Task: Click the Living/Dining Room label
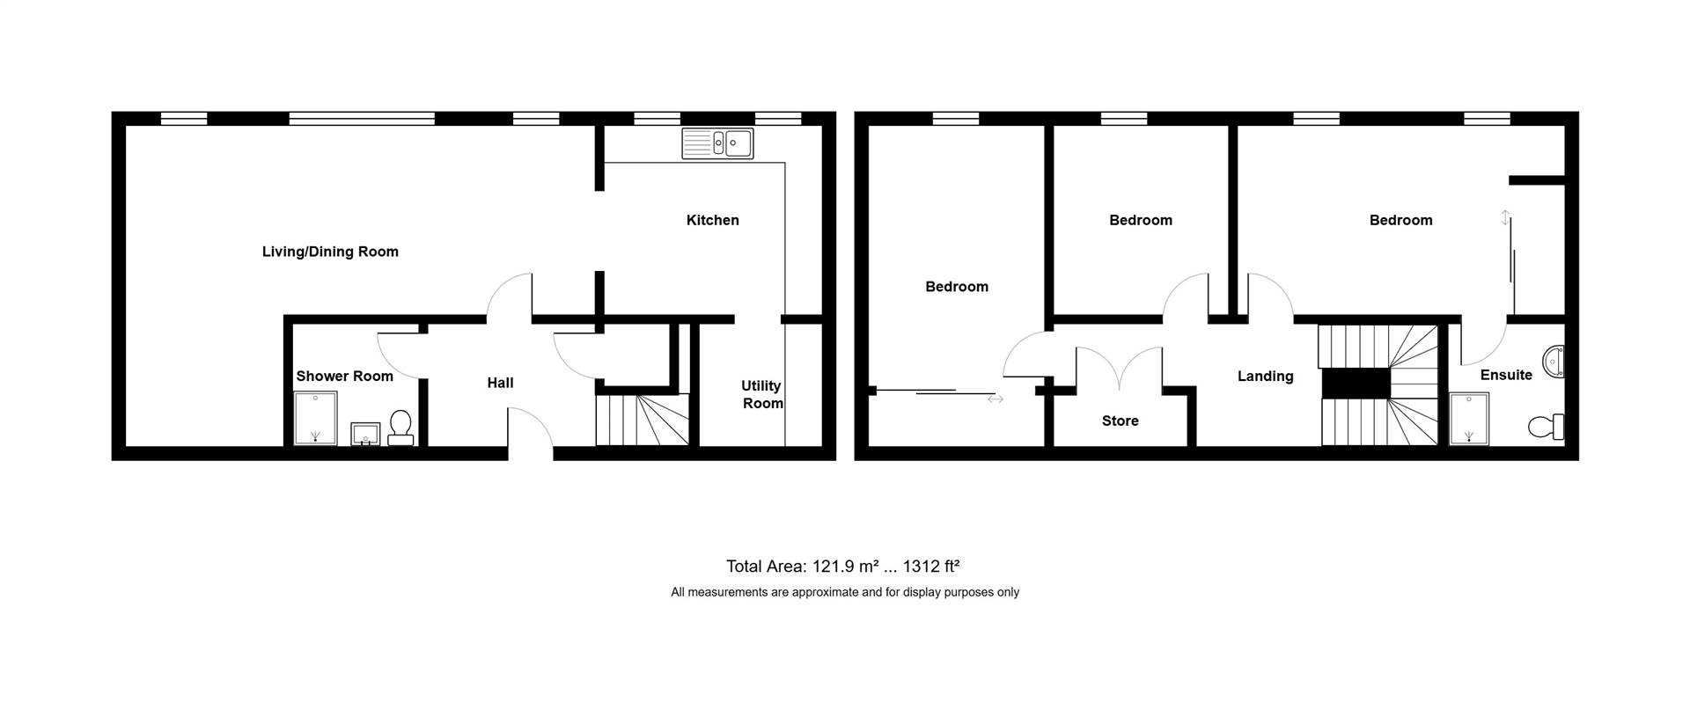(x=330, y=252)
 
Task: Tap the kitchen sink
(x=717, y=143)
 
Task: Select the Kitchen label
(x=713, y=220)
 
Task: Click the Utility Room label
(x=761, y=394)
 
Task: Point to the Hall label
(x=500, y=383)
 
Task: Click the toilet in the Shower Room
(x=400, y=428)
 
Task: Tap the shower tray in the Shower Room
(x=315, y=419)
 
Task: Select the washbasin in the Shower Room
(x=365, y=434)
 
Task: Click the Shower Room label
(x=344, y=376)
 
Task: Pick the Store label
(x=1121, y=421)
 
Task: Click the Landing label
(x=1266, y=376)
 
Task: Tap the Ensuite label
(x=1506, y=375)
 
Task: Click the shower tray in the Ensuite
(x=1469, y=419)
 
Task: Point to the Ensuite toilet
(x=1547, y=427)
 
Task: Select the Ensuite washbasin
(x=1554, y=362)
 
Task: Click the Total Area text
(x=842, y=567)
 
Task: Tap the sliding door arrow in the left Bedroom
(x=995, y=399)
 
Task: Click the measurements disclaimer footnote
(x=845, y=592)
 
